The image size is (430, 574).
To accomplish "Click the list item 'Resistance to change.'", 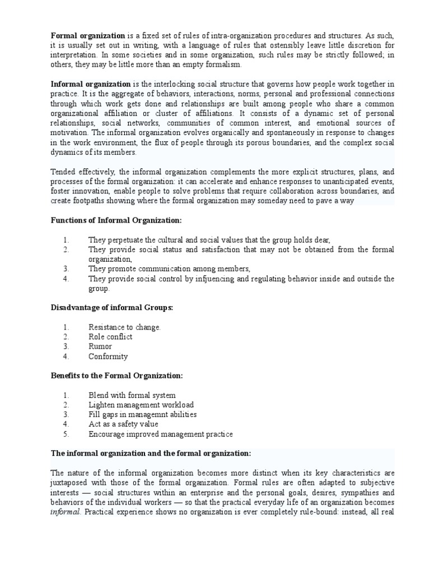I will click(x=124, y=327).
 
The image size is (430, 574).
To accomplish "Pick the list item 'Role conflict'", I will click(x=110, y=337).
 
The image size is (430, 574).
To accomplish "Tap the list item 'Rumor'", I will click(x=100, y=346).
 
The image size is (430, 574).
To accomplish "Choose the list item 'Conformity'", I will click(x=108, y=356).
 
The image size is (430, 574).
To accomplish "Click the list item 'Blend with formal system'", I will click(x=132, y=395).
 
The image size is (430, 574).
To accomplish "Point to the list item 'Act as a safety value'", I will click(x=123, y=424).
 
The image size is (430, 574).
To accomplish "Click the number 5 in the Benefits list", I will click(x=66, y=434).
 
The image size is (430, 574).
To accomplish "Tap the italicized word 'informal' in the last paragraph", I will click(x=64, y=512).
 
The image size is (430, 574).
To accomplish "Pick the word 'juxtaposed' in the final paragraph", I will click(x=70, y=483).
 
